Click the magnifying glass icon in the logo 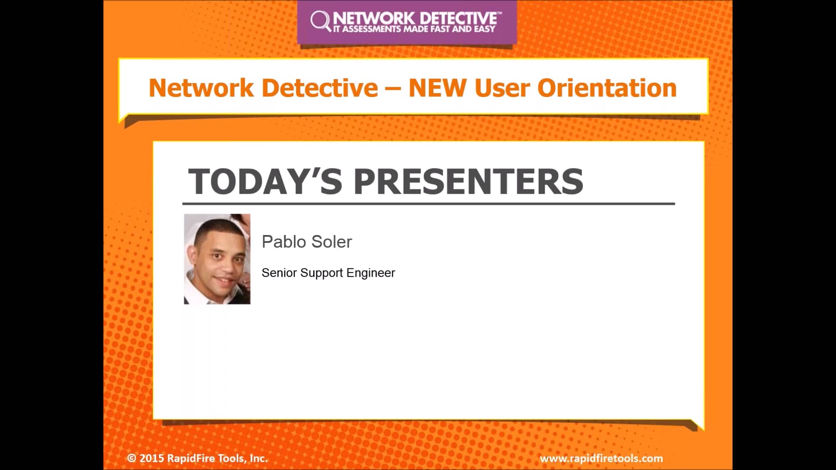pyautogui.click(x=320, y=20)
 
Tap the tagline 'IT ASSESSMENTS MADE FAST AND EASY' pyautogui.click(x=414, y=29)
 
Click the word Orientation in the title pyautogui.click(x=607, y=88)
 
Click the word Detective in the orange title pyautogui.click(x=320, y=88)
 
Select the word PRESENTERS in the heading pyautogui.click(x=468, y=181)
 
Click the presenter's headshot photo pyautogui.click(x=217, y=259)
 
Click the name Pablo pyautogui.click(x=284, y=242)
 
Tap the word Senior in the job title pyautogui.click(x=279, y=273)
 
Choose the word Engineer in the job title pyautogui.click(x=371, y=273)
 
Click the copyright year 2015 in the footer pyautogui.click(x=152, y=458)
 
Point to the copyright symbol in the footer pyautogui.click(x=131, y=458)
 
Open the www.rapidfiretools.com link pyautogui.click(x=601, y=458)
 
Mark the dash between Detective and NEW pyautogui.click(x=393, y=89)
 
